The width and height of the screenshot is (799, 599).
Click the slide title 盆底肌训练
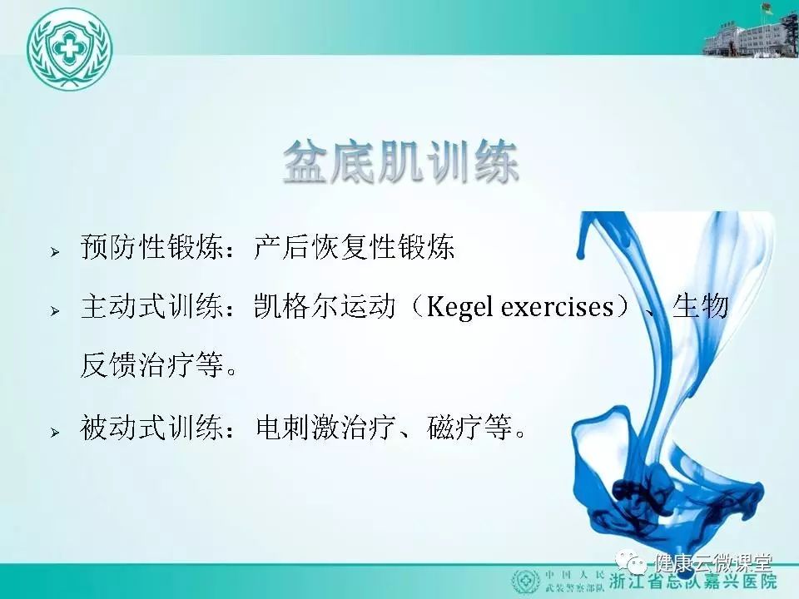(400, 162)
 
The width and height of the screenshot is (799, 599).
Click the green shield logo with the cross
(69, 49)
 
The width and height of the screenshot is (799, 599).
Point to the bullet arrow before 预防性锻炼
(55, 251)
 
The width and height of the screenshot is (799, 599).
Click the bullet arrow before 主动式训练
(55, 310)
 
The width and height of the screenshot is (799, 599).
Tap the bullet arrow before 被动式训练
(55, 433)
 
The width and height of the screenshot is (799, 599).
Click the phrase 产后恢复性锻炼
(355, 247)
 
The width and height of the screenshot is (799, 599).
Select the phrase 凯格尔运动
(325, 307)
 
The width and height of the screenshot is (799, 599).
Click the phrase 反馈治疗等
(152, 365)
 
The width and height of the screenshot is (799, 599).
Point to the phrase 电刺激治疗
(326, 428)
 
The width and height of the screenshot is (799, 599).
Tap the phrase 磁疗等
(469, 428)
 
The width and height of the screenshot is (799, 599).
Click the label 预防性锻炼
(151, 247)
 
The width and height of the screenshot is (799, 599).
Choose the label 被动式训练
(151, 428)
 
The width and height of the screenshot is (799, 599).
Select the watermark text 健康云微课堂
(713, 563)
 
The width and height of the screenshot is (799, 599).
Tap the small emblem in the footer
(525, 582)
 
